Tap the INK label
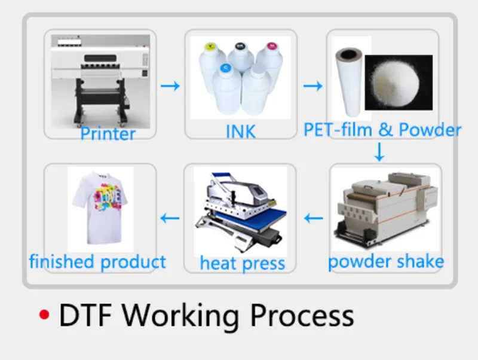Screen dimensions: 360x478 (240, 132)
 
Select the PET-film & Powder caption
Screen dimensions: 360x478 (382, 130)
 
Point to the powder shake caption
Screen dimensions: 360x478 (386, 261)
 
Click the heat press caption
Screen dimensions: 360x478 (242, 263)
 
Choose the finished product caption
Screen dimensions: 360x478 (97, 261)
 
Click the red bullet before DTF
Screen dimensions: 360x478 (43, 315)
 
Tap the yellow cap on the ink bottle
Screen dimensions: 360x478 (210, 44)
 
